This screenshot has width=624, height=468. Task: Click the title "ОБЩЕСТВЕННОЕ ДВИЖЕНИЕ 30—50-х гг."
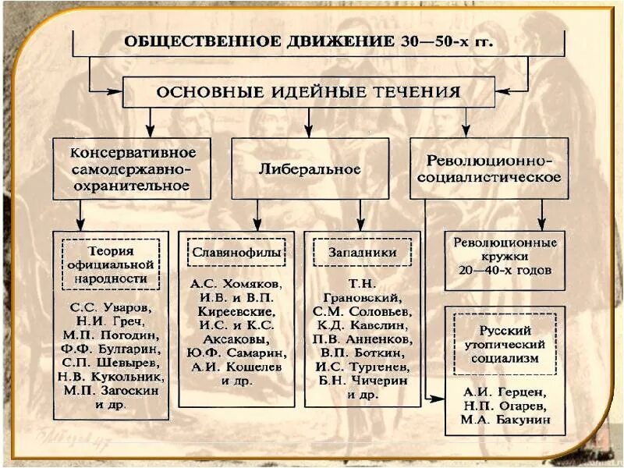click(x=310, y=41)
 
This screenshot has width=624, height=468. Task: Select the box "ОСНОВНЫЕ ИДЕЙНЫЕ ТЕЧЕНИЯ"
click(x=309, y=91)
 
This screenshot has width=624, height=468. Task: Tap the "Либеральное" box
click(x=309, y=168)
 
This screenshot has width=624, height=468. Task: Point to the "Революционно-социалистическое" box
click(x=489, y=168)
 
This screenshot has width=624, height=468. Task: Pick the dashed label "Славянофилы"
click(x=236, y=253)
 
